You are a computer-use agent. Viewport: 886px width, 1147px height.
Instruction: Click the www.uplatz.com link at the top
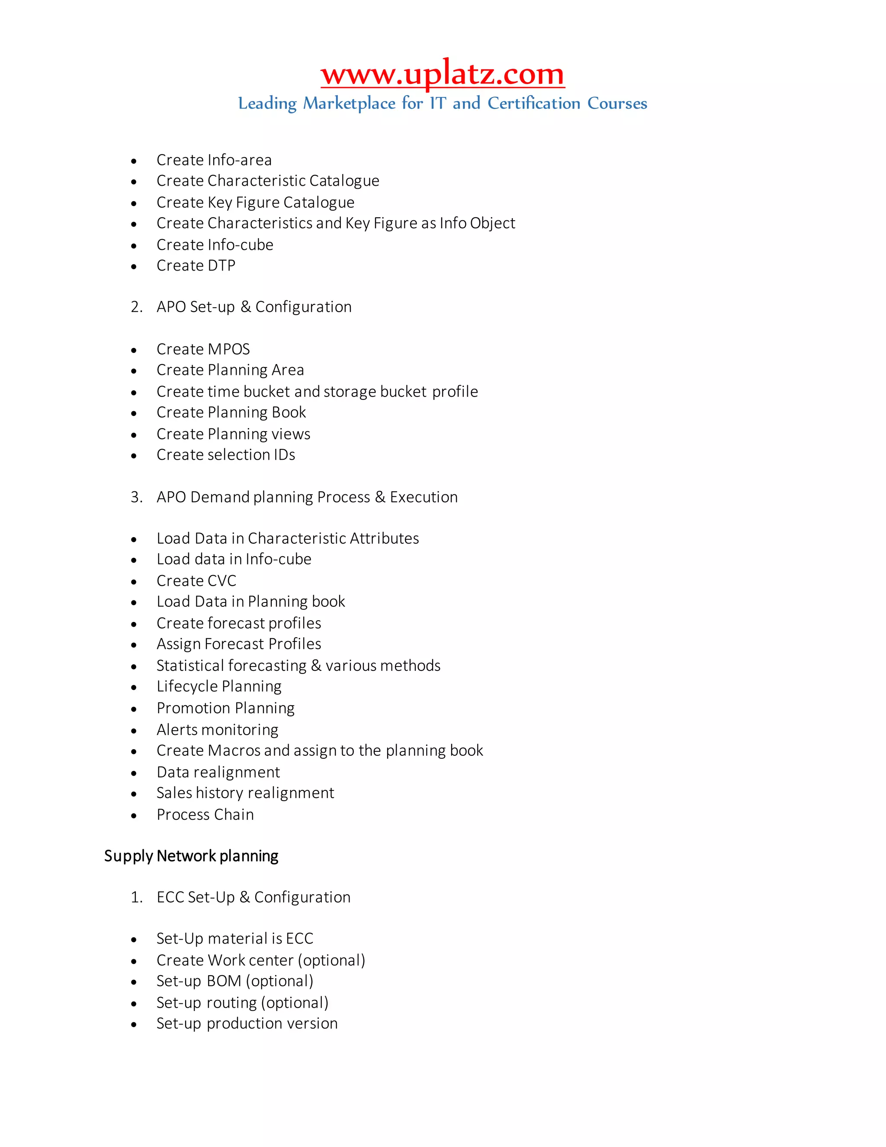point(443,74)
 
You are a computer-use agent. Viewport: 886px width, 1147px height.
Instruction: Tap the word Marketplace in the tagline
point(349,103)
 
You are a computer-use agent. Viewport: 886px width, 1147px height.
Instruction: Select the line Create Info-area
point(214,160)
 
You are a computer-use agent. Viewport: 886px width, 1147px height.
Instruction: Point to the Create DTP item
point(196,266)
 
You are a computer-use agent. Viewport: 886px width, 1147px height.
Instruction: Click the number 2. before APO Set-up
point(136,307)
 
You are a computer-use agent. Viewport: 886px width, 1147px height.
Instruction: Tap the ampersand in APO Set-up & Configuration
point(245,307)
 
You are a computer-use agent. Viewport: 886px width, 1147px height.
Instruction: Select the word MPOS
point(229,349)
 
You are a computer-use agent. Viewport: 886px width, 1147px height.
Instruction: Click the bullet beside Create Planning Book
point(134,414)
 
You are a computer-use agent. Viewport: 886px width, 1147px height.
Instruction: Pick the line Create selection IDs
point(226,455)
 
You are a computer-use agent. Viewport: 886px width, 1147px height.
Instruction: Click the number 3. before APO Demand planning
point(136,497)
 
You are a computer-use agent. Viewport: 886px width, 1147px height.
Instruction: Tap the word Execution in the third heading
point(424,497)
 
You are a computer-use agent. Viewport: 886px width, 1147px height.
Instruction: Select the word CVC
point(222,581)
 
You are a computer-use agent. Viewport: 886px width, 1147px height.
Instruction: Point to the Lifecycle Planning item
point(219,686)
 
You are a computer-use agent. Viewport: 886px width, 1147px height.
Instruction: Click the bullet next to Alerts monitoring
point(134,731)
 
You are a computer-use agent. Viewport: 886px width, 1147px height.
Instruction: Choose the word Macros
point(234,751)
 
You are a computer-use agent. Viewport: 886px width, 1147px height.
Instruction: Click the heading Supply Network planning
point(191,856)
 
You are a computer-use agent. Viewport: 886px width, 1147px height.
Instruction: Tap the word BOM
point(224,981)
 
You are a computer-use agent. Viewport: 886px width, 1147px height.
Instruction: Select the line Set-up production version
point(247,1024)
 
